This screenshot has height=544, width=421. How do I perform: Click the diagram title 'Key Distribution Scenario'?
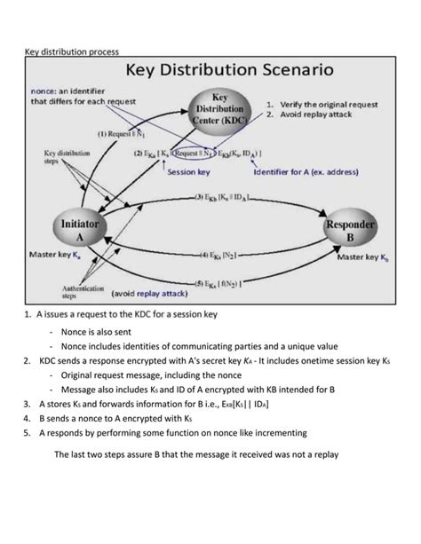(232, 68)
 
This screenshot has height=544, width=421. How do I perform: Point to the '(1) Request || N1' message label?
(122, 134)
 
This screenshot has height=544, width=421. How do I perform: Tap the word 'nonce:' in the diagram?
(48, 90)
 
